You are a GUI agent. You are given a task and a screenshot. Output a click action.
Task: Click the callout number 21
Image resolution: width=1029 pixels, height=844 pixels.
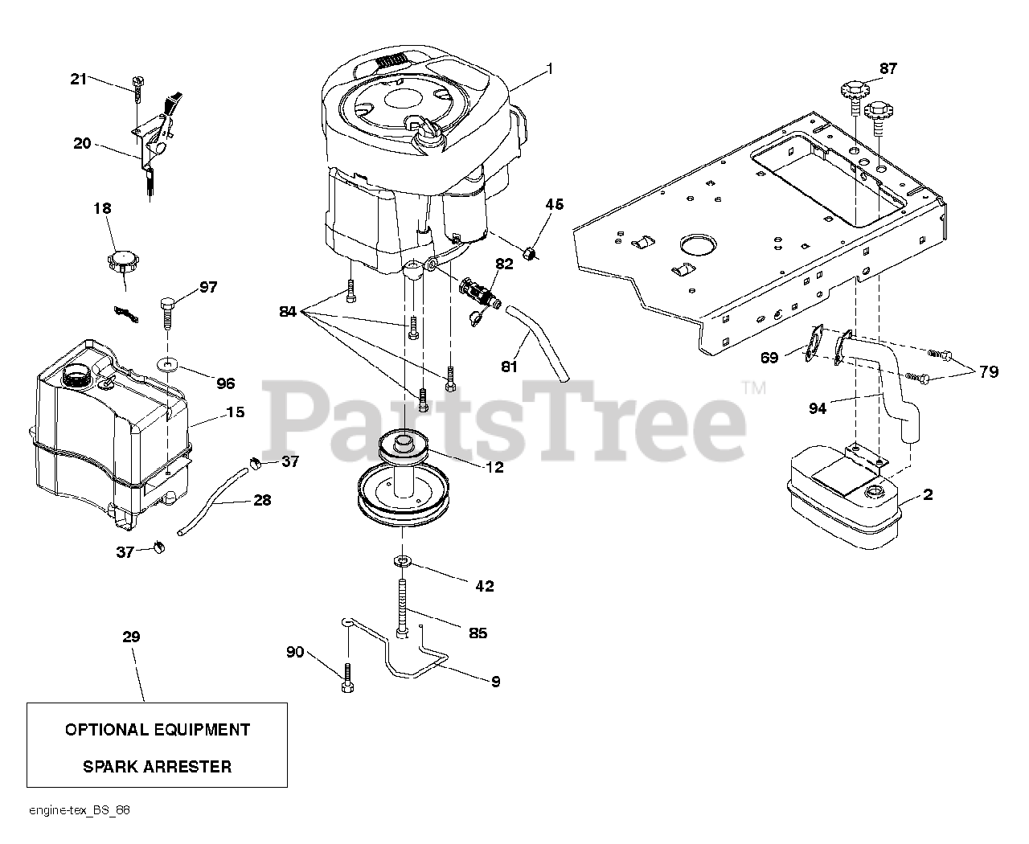pos(77,78)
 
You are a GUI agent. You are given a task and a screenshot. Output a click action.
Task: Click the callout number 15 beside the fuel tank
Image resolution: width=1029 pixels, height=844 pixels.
pos(235,412)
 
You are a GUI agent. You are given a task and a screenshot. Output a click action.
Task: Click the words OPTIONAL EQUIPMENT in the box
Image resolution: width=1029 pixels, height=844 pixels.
pos(157,730)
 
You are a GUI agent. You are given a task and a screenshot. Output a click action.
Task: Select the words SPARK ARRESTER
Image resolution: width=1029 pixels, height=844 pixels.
pos(157,766)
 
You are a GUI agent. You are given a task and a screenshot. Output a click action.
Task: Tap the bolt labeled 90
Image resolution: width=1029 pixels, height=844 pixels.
pos(347,677)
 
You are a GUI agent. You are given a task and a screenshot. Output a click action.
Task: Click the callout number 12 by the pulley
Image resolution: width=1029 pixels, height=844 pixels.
pos(494,467)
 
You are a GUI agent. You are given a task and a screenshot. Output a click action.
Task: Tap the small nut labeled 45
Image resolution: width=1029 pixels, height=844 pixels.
pos(528,255)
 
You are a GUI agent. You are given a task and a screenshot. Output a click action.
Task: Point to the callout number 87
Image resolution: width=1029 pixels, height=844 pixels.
pos(888,68)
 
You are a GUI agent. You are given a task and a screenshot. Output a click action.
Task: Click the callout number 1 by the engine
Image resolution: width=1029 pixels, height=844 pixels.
pos(549,69)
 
